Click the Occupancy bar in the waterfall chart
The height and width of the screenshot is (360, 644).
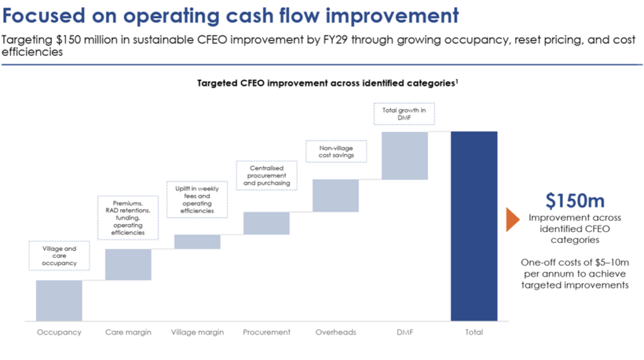(x=59, y=300)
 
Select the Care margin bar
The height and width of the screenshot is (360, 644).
(x=128, y=264)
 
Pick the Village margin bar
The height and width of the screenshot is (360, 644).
(x=197, y=242)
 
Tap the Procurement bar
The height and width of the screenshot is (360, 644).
(x=267, y=223)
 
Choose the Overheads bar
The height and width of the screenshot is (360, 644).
(x=336, y=196)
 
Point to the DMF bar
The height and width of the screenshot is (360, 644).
(x=405, y=155)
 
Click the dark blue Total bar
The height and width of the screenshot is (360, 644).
(x=474, y=226)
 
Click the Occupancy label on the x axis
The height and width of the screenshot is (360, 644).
(x=59, y=332)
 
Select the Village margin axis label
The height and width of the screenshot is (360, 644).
(x=197, y=332)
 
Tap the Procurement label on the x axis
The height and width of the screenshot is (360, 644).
(x=267, y=332)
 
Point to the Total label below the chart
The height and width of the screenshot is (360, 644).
(x=474, y=332)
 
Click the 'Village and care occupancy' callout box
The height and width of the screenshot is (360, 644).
(x=59, y=256)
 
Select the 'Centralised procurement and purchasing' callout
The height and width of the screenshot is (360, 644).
(x=267, y=176)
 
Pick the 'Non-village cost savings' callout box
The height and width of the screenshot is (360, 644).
(x=336, y=152)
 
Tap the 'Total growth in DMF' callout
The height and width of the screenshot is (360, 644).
(x=405, y=114)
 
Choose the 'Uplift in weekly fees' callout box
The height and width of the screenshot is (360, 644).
(x=197, y=199)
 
